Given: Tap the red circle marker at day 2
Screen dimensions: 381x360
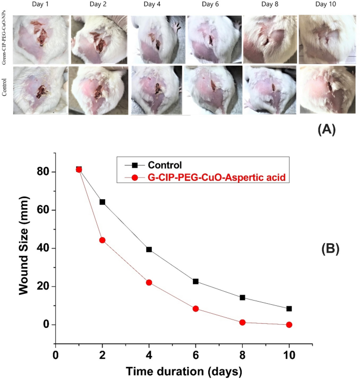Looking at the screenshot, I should click(x=102, y=240).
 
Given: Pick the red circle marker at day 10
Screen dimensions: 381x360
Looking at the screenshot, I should click(x=289, y=325).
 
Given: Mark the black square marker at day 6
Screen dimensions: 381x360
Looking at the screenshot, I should click(x=196, y=281).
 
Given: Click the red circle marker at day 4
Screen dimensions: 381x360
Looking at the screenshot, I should click(x=149, y=282).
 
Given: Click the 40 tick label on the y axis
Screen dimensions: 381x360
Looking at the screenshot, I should click(x=43, y=248).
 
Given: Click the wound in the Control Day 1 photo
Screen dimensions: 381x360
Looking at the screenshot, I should click(x=40, y=91).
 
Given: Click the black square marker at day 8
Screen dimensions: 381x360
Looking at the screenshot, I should click(x=242, y=297).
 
